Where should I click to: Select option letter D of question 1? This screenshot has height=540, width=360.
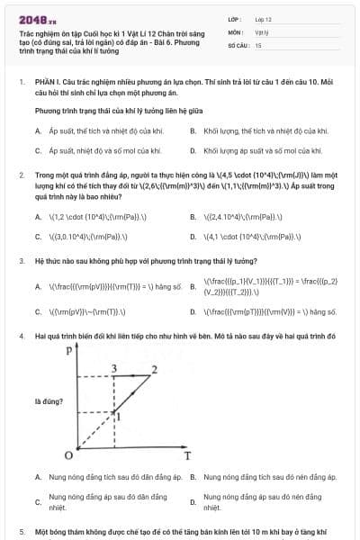coord(193,150)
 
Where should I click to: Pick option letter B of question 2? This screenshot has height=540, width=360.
coord(193,217)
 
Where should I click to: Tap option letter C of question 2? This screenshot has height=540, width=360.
coord(38,237)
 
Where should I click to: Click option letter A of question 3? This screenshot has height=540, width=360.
coord(38,288)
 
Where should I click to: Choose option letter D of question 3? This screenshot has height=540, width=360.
coord(193,312)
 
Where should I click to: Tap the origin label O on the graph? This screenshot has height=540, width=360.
coord(67,455)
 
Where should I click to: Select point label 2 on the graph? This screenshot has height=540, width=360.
coord(154,369)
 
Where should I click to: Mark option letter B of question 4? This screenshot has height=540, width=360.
coord(193,477)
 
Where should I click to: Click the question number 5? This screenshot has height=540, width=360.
coord(22,532)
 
